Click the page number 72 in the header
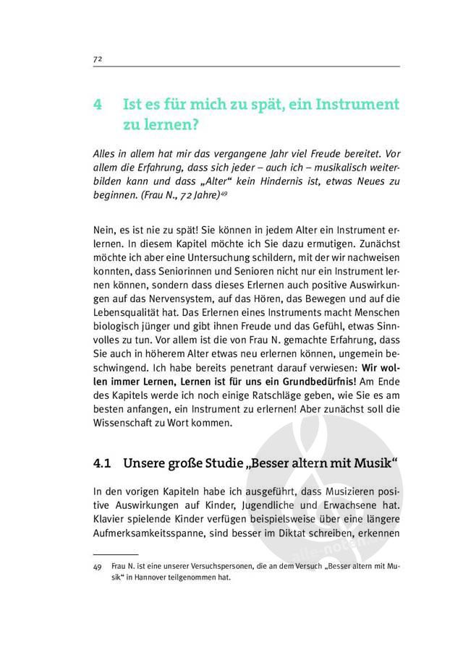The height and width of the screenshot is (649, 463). [x=97, y=58]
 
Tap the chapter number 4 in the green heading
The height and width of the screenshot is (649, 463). [x=98, y=105]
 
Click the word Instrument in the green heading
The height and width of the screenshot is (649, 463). [x=354, y=105]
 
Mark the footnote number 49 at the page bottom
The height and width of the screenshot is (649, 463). [x=98, y=568]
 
